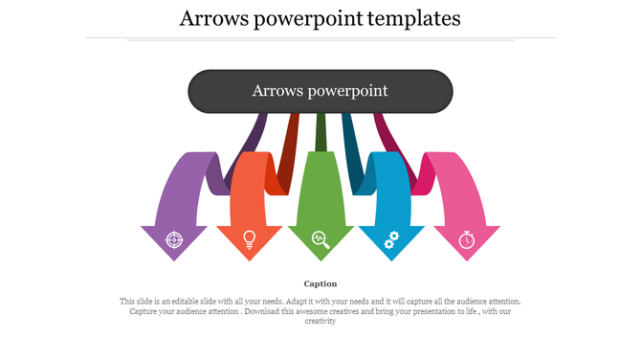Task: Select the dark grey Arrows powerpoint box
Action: (320, 91)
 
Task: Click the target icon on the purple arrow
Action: (173, 239)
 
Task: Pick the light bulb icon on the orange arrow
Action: (250, 239)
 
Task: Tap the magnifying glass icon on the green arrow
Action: (320, 239)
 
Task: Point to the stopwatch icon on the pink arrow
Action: (466, 239)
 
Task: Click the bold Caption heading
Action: (320, 283)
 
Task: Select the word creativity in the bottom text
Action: (320, 322)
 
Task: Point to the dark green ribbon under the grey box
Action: (320, 129)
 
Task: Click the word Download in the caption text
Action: (262, 311)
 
